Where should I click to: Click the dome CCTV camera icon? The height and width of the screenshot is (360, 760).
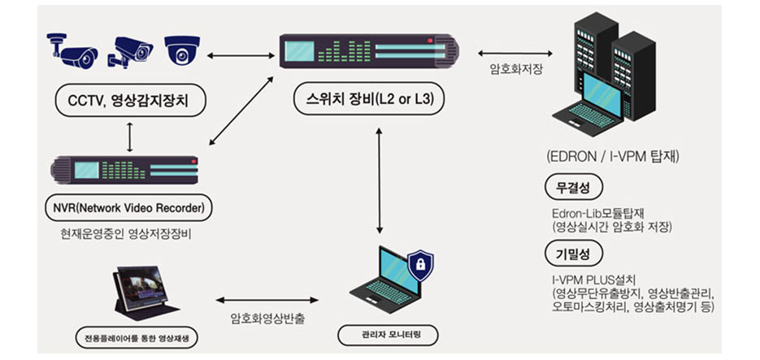[180, 50]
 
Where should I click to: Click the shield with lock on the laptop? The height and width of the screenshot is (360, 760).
[421, 267]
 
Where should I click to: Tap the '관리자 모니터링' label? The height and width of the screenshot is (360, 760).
[387, 334]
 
